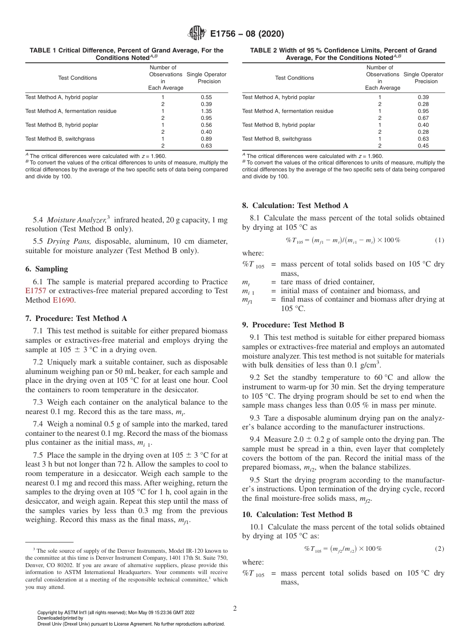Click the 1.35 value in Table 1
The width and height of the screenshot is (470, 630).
[207, 111]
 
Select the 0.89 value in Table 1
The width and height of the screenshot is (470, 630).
[207, 139]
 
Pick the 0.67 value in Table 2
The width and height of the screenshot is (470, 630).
[423, 118]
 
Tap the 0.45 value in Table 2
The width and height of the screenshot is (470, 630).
[423, 146]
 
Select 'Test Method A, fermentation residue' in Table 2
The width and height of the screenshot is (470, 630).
[287, 111]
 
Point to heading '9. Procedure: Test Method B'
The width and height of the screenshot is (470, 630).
[293, 325]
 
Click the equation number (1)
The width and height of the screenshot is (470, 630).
[439, 240]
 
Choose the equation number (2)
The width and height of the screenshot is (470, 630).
[439, 549]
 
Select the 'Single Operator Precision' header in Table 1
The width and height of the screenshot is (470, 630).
[207, 78]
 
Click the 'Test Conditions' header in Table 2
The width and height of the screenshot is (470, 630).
[294, 78]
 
